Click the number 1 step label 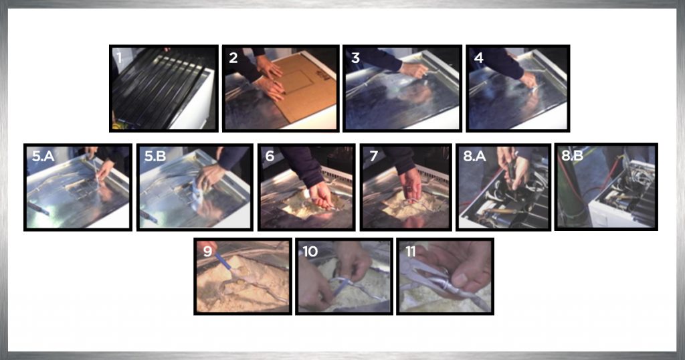coord(119,58)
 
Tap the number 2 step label coord(233,58)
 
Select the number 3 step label coord(356,58)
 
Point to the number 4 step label coord(479,58)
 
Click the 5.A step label coord(43,156)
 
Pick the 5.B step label coord(155,156)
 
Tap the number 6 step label coord(270,156)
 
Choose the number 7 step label coord(373,156)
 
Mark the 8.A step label coord(474,156)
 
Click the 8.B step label coord(573,155)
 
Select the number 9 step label coord(207,251)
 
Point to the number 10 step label coord(310,251)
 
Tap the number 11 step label coord(410,251)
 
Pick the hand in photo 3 coord(413,70)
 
